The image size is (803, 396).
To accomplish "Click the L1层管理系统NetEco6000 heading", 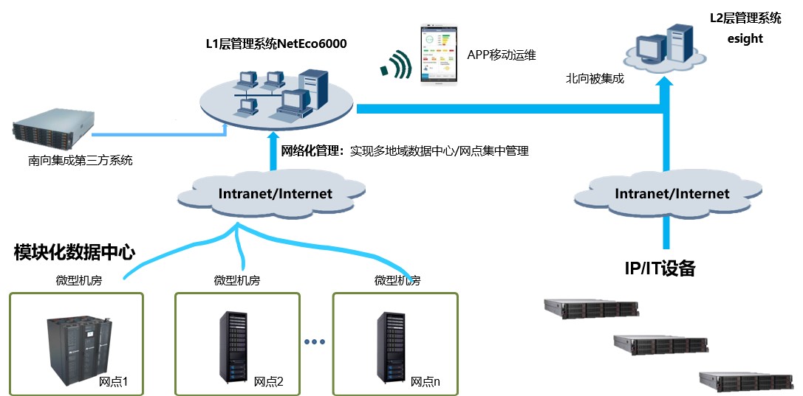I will (x=276, y=44).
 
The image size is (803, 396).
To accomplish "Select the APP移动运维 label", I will (x=501, y=55).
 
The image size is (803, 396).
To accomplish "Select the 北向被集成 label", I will (x=595, y=77).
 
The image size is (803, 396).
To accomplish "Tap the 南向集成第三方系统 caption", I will (x=76, y=159).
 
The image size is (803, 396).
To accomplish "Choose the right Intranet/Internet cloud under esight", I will (x=672, y=194).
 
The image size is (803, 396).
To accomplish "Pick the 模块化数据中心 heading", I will (x=75, y=253).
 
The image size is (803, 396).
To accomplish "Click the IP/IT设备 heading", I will (x=660, y=268).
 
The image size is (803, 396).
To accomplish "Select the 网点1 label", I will (x=114, y=381).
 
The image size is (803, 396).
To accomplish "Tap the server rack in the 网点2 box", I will (x=234, y=346).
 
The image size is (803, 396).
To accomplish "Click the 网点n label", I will (x=425, y=381).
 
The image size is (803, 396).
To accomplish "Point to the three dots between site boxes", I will (x=315, y=342).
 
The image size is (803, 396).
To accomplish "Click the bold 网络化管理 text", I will (x=310, y=151).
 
